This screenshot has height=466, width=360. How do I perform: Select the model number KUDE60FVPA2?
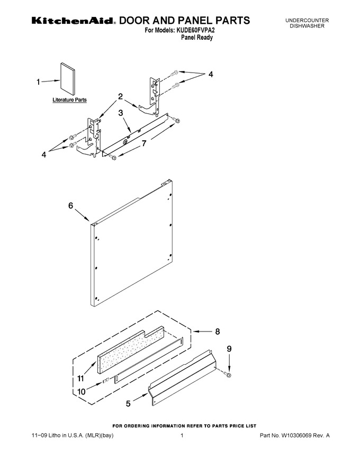194,30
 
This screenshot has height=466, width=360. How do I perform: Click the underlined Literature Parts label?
69,100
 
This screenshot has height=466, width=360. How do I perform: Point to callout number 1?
38,82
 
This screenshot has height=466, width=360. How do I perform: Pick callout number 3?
121,113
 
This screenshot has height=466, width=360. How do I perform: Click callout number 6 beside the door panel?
71,205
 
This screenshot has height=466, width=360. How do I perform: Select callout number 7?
144,144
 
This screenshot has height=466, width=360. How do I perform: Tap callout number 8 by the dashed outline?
218,331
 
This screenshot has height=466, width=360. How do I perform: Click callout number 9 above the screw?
229,349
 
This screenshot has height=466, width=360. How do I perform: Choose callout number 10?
82,392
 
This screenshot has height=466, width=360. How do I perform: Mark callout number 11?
81,379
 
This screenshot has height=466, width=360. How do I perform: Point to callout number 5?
128,404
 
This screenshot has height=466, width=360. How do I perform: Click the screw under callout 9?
228,375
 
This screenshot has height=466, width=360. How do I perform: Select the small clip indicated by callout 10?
106,380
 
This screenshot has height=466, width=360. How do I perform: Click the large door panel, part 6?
132,243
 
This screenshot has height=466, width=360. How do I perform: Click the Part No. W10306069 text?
295,436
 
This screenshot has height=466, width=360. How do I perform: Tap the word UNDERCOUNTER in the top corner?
307,21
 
